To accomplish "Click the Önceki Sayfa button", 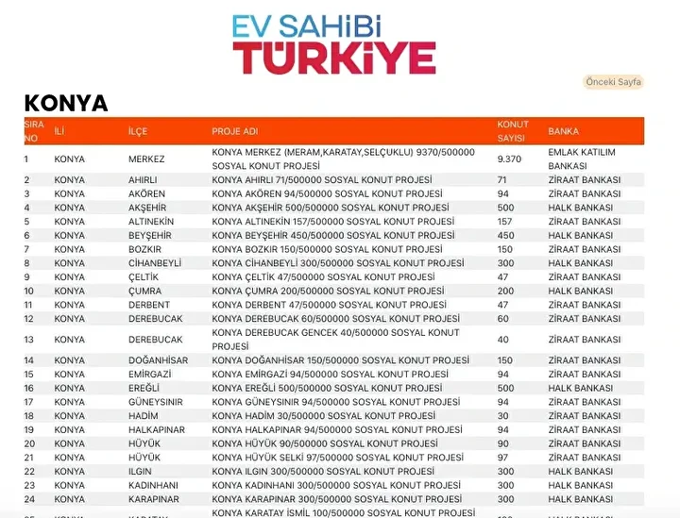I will click(x=614, y=82).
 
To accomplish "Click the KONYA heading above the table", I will click(x=66, y=103).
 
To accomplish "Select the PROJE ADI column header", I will click(x=235, y=131).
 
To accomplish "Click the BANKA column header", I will click(x=563, y=131).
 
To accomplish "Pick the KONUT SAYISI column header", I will click(x=513, y=131).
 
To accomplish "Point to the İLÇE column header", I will click(x=138, y=131).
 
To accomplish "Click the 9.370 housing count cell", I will click(x=510, y=159).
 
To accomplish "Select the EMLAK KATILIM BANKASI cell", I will click(x=581, y=159).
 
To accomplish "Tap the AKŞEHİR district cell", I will click(x=149, y=208).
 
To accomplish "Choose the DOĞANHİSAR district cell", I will click(x=158, y=360).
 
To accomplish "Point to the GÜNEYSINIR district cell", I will click(x=156, y=402).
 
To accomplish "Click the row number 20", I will click(x=29, y=443).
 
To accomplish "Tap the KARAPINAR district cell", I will click(x=154, y=499).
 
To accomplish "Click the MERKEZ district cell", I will click(x=146, y=159).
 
